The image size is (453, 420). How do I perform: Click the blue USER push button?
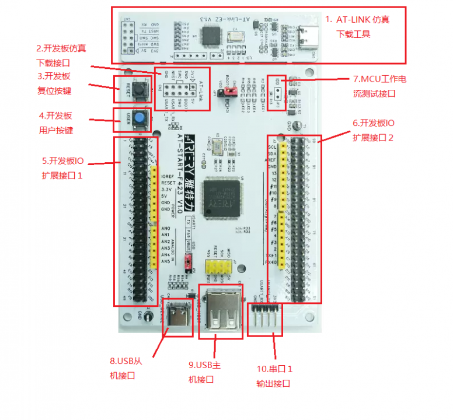[x=140, y=119]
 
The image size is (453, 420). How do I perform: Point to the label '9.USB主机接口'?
[x=204, y=372]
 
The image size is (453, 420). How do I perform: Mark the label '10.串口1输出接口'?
[x=274, y=376]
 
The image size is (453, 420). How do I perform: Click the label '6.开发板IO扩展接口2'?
[x=381, y=130]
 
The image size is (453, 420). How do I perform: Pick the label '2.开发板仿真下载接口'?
[x=61, y=55]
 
